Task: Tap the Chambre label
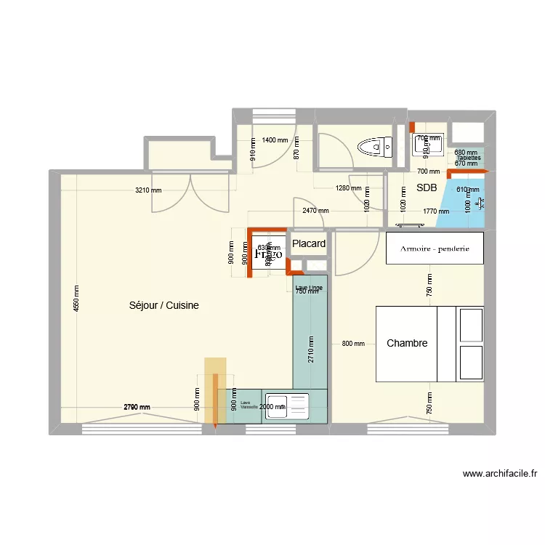click(x=407, y=343)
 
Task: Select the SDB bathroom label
click(x=426, y=188)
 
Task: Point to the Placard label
click(x=309, y=243)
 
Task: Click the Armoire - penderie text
click(x=435, y=249)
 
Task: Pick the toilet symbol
click(x=375, y=148)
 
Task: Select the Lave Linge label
click(x=309, y=288)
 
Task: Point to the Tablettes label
click(x=468, y=158)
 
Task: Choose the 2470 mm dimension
click(x=315, y=211)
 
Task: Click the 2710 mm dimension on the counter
click(x=310, y=350)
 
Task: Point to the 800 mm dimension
click(x=352, y=344)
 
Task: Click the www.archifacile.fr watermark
click(x=500, y=474)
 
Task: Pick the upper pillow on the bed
click(x=470, y=324)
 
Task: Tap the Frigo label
click(x=267, y=255)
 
